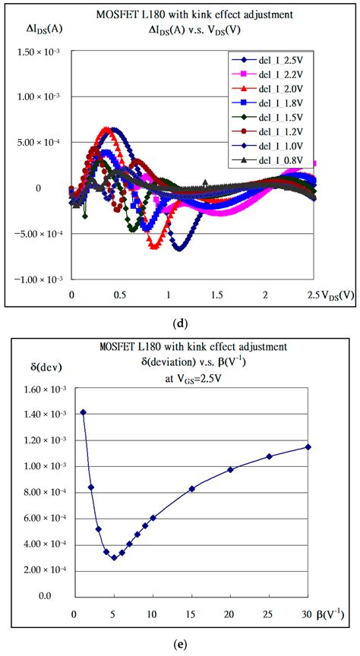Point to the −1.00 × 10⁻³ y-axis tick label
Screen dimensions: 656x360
(38, 280)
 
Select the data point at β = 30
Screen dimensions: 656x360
(308, 446)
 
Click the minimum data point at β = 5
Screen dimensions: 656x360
(114, 557)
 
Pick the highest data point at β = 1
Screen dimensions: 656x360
(83, 412)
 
